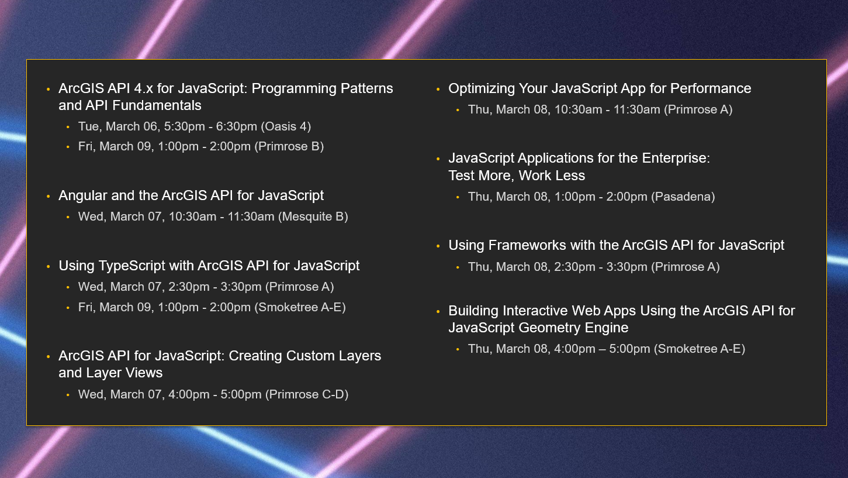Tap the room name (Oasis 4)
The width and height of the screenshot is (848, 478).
286,126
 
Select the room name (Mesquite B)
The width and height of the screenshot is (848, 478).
313,217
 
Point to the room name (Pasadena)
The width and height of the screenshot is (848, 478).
683,197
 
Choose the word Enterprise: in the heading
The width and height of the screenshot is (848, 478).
676,159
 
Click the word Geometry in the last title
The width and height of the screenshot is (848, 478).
549,328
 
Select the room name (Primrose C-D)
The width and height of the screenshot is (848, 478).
307,394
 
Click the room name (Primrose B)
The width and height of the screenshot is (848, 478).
289,147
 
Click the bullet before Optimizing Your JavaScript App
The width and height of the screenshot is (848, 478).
438,90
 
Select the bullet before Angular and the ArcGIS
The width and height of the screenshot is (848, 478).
48,197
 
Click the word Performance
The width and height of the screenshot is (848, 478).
711,89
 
